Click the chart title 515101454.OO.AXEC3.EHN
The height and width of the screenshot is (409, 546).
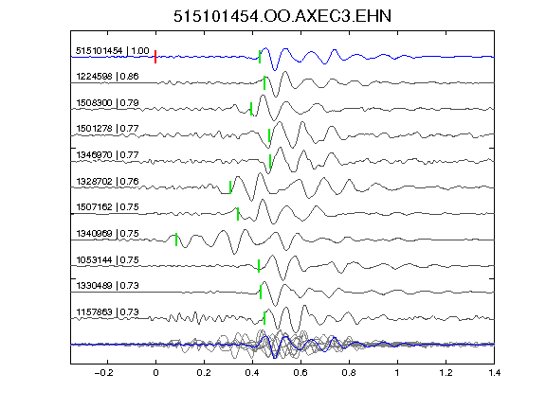pyautogui.click(x=282, y=16)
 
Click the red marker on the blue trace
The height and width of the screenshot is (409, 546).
pyautogui.click(x=155, y=57)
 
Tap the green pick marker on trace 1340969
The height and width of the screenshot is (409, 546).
pyautogui.click(x=176, y=240)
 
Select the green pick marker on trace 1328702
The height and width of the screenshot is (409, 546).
pyautogui.click(x=230, y=187)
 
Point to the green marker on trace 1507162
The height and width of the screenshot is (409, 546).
pyautogui.click(x=238, y=214)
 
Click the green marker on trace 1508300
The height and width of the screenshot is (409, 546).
pyautogui.click(x=251, y=109)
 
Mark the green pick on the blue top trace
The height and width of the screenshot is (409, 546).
pyautogui.click(x=260, y=57)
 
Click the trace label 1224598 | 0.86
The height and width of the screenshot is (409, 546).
pyautogui.click(x=107, y=76)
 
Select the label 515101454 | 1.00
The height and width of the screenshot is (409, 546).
pyautogui.click(x=113, y=51)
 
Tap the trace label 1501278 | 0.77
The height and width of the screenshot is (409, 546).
pyautogui.click(x=107, y=129)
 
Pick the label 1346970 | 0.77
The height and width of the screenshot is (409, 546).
pyautogui.click(x=107, y=154)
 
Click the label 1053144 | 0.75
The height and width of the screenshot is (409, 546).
pyautogui.click(x=107, y=259)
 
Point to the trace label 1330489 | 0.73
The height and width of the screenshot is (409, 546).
pyautogui.click(x=107, y=286)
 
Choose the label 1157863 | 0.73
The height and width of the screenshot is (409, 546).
pyautogui.click(x=107, y=312)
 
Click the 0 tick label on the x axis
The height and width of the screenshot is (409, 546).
pyautogui.click(x=155, y=373)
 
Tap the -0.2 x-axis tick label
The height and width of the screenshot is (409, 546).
pyautogui.click(x=104, y=373)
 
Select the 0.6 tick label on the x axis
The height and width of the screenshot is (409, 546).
pyautogui.click(x=300, y=373)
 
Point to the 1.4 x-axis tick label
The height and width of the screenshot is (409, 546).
pyautogui.click(x=494, y=373)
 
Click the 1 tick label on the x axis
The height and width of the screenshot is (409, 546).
pyautogui.click(x=397, y=373)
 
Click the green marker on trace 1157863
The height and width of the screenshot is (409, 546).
pyautogui.click(x=264, y=318)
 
